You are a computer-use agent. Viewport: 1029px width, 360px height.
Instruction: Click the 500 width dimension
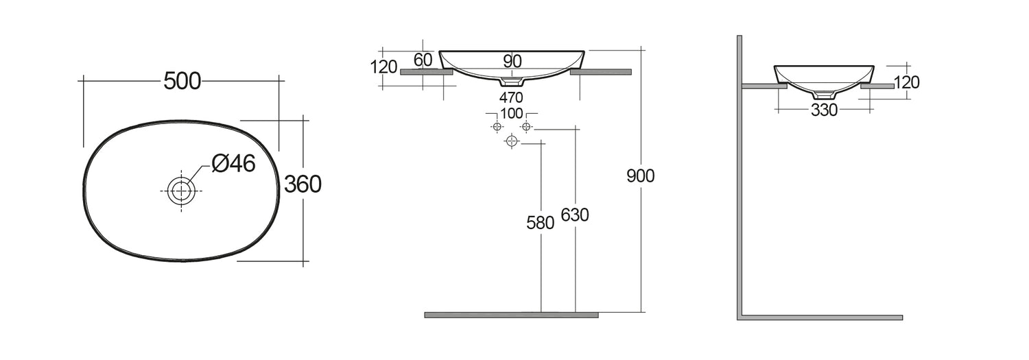[x=182, y=81]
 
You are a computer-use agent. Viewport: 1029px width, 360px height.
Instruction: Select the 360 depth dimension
[x=303, y=184]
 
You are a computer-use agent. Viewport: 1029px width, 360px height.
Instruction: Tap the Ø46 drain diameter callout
[x=233, y=163]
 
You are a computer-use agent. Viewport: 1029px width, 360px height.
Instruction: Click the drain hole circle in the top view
[x=181, y=190]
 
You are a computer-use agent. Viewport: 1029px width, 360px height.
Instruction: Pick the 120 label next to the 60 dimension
[x=384, y=67]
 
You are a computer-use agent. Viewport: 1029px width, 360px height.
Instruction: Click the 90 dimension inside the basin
[x=512, y=61]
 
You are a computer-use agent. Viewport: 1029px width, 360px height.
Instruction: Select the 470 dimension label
[x=512, y=97]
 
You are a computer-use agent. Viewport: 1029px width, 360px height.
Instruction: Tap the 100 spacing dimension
[x=512, y=113]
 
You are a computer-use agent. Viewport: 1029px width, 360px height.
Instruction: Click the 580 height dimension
[x=540, y=223]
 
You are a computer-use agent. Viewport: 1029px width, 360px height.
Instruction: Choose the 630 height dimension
[x=575, y=215]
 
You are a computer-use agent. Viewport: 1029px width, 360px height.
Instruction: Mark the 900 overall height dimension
[x=641, y=176]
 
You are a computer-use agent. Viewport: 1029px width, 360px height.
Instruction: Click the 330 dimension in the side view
[x=824, y=110]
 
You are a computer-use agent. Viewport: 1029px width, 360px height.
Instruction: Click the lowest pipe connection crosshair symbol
[x=511, y=141]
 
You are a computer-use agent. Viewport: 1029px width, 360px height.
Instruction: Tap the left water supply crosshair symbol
[x=497, y=127]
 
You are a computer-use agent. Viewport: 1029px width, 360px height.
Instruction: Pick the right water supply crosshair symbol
[x=526, y=127]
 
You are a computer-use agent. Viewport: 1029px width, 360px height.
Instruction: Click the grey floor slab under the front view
[x=511, y=315]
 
